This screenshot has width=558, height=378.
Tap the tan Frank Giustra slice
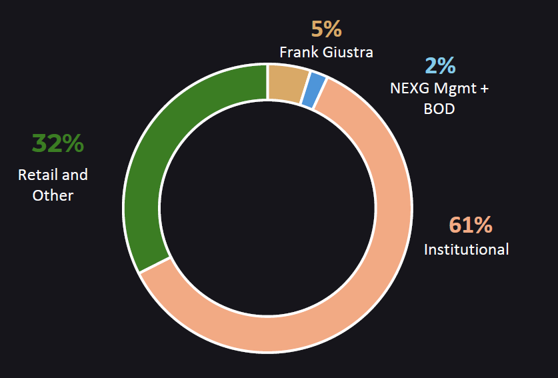pyautogui.click(x=287, y=83)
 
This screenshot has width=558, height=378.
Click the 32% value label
pyautogui.click(x=58, y=143)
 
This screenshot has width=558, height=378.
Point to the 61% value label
pyautogui.click(x=471, y=225)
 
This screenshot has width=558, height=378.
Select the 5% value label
pyautogui.click(x=326, y=29)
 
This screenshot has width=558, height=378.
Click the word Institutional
pyautogui.click(x=467, y=249)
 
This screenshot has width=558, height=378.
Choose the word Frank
pyautogui.click(x=297, y=51)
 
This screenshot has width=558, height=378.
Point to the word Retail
pyautogui.click(x=35, y=175)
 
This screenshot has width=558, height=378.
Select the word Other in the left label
pyautogui.click(x=53, y=195)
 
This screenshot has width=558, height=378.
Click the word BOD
pyautogui.click(x=439, y=108)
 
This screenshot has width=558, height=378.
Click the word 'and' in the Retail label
pyautogui.click(x=75, y=175)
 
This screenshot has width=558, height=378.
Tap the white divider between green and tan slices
pyautogui.click(x=267, y=83)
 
